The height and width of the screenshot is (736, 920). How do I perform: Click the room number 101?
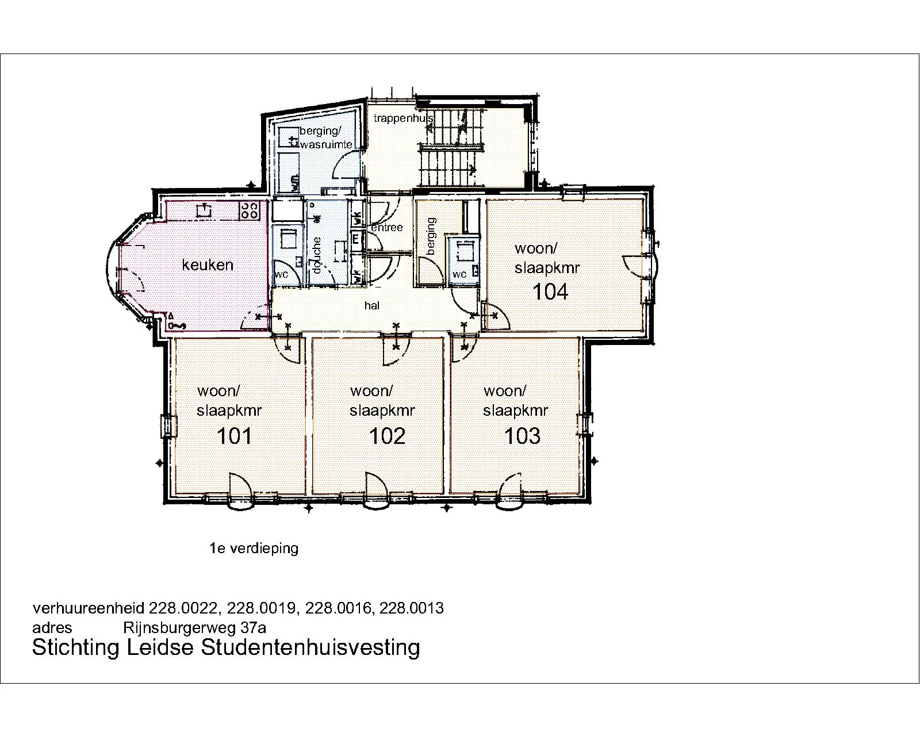[234, 436]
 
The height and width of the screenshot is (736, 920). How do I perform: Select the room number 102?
[387, 436]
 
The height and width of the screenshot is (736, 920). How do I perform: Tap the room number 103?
[522, 436]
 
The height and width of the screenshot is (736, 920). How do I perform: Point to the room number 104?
[550, 292]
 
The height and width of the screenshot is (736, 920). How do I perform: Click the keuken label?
[208, 264]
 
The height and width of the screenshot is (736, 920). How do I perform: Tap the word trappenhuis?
[404, 118]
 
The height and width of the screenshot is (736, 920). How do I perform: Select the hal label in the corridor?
[372, 305]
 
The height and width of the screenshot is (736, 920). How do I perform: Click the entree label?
[387, 227]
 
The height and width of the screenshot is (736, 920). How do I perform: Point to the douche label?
[317, 255]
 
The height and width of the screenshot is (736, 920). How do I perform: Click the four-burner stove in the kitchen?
[250, 210]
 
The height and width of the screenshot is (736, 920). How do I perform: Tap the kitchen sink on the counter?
[204, 210]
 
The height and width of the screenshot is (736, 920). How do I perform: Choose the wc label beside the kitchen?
[281, 274]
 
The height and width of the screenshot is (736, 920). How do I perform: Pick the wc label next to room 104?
[459, 274]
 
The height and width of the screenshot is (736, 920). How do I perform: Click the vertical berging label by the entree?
[431, 236]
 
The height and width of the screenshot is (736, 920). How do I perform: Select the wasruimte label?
[326, 144]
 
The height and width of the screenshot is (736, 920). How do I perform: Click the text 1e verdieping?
[254, 548]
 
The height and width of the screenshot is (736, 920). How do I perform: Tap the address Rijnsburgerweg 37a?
[194, 628]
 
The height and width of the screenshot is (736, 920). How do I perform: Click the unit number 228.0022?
[183, 608]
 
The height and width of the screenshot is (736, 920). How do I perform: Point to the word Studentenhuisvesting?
[310, 647]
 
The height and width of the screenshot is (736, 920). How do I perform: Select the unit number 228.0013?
[411, 608]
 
